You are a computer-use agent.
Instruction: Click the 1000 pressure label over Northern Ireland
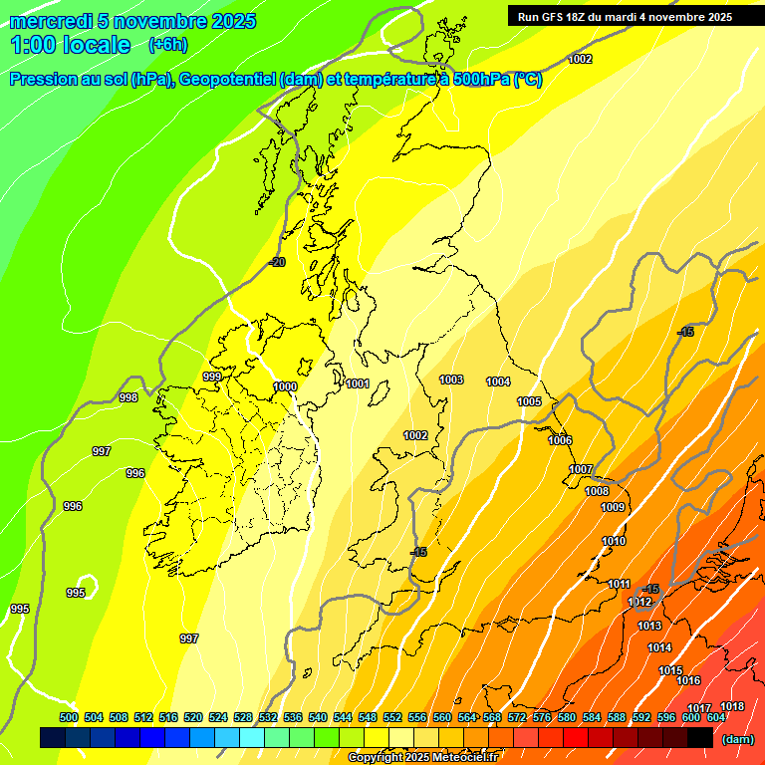pyautogui.click(x=285, y=386)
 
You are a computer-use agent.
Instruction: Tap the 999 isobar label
pyautogui.click(x=212, y=377)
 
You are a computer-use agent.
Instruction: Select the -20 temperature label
pyautogui.click(x=277, y=262)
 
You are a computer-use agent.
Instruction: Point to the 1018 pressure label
pyautogui.click(x=732, y=706)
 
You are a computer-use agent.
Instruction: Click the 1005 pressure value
pyautogui.click(x=529, y=401)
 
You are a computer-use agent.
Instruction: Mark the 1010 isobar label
pyautogui.click(x=614, y=541)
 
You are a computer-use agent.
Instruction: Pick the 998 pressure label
pyautogui.click(x=128, y=397)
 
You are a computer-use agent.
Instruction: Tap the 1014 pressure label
pyautogui.click(x=659, y=647)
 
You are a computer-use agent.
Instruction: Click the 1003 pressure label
pyautogui.click(x=451, y=380)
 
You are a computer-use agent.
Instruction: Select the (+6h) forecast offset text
pyautogui.click(x=167, y=45)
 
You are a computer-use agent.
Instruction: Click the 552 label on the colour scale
pyautogui.click(x=392, y=717)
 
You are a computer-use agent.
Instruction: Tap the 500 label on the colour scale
pyautogui.click(x=69, y=717)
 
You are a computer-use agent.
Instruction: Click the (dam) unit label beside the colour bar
pyautogui.click(x=737, y=739)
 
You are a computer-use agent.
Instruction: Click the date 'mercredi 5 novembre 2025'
pyautogui.click(x=132, y=21)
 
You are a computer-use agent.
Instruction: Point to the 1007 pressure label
pyautogui.click(x=581, y=469)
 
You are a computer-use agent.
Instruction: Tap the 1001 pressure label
pyautogui.click(x=359, y=383)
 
